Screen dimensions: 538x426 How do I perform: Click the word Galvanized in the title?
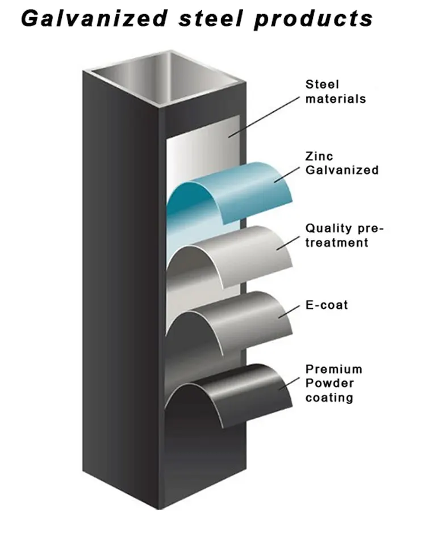click(x=94, y=19)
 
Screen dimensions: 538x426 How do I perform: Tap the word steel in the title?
click(x=212, y=19)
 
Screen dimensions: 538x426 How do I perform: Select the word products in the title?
click(x=313, y=19)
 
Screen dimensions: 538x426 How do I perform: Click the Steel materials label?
click(x=335, y=92)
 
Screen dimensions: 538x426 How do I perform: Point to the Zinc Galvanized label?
click(x=341, y=163)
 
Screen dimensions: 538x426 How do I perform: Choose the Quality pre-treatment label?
click(x=344, y=236)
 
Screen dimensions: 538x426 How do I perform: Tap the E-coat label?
click(x=327, y=305)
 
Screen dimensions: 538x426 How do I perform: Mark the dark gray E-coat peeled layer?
click(x=239, y=321)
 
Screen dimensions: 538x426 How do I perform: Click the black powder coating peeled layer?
click(x=239, y=392)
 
